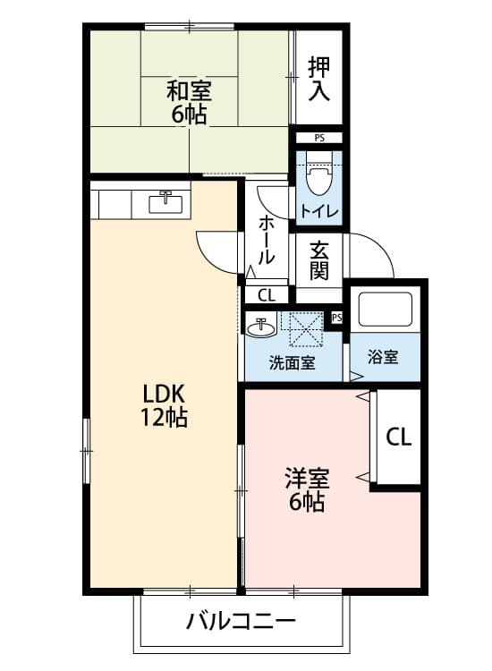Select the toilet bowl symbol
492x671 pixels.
click(318, 175)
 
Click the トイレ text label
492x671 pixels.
click(318, 212)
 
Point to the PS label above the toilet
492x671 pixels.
click(319, 139)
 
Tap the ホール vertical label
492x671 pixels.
click(266, 239)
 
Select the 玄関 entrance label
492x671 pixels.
click(320, 260)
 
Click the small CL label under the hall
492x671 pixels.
click(266, 295)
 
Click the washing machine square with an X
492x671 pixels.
click(301, 327)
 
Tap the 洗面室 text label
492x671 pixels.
click(292, 362)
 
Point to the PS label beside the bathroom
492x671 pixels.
click(337, 318)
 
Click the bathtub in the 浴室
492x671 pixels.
click(385, 310)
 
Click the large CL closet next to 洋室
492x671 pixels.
click(398, 437)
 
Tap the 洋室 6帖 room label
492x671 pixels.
click(307, 489)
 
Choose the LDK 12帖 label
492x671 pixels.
click(163, 404)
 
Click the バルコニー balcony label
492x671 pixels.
click(241, 620)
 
